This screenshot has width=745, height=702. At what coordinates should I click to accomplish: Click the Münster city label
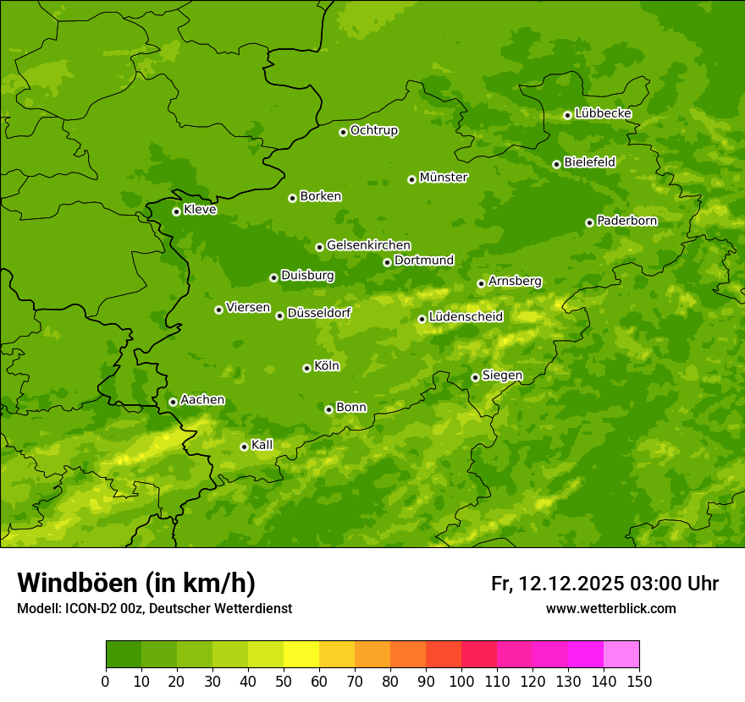(x=444, y=178)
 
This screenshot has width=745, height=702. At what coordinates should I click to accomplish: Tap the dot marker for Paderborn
(x=590, y=222)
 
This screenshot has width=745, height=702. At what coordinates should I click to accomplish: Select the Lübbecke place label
(x=604, y=113)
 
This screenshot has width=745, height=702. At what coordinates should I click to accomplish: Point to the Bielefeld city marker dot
(x=556, y=164)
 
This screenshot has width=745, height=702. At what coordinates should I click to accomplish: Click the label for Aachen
(x=202, y=400)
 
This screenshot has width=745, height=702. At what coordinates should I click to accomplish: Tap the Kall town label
(x=262, y=445)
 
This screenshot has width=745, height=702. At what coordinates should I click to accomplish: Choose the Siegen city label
(x=502, y=376)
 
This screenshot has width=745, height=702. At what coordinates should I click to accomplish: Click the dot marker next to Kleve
(x=176, y=211)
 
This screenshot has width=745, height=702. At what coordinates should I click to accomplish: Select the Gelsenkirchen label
(x=368, y=245)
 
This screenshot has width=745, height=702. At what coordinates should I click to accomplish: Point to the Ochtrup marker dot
(x=343, y=132)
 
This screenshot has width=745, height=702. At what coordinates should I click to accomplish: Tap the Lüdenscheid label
(x=466, y=317)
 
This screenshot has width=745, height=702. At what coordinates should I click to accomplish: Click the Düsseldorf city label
(x=319, y=313)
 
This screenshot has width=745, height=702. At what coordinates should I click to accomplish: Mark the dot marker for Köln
(x=306, y=368)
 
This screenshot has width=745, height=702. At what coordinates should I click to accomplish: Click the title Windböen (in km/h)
(x=136, y=583)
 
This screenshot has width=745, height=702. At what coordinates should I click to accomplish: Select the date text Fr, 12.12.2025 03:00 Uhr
(x=604, y=584)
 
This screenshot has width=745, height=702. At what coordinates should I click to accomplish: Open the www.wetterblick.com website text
(x=610, y=609)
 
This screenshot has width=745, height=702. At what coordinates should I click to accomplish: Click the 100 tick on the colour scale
(x=461, y=681)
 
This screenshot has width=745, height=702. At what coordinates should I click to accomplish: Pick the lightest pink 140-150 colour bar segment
(x=621, y=655)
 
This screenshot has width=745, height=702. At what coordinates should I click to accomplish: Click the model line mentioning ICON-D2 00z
(x=154, y=609)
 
